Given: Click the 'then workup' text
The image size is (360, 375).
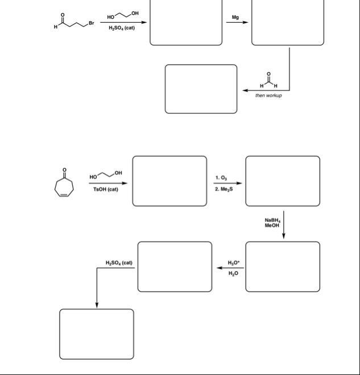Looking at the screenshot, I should pyautogui.click(x=268, y=95).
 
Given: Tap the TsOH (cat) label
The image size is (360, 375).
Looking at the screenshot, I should pyautogui.click(x=105, y=189).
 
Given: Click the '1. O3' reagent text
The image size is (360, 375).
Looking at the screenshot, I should pyautogui.click(x=222, y=178).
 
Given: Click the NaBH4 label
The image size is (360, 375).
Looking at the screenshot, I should pyautogui.click(x=272, y=220).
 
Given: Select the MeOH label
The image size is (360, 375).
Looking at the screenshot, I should pyautogui.click(x=272, y=226).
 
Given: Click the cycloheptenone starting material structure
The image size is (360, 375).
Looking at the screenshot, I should pyautogui.click(x=65, y=184).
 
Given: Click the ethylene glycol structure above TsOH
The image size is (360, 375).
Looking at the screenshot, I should pyautogui.click(x=106, y=173).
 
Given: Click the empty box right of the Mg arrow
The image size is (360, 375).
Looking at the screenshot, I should pyautogui.click(x=288, y=23).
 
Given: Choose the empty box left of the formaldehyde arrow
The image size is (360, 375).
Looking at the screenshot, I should pyautogui.click(x=201, y=89).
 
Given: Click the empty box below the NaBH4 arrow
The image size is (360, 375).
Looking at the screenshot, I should pyautogui.click(x=283, y=266).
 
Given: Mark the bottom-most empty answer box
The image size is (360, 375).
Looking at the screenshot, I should pyautogui.click(x=97, y=334).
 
